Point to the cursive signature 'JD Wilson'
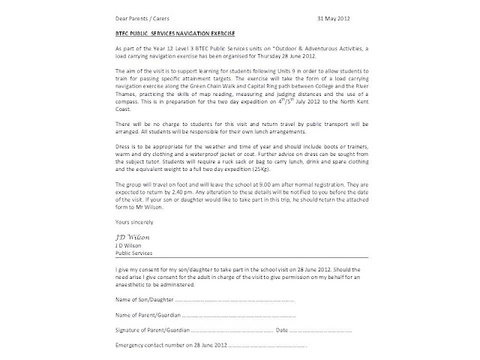(x=112, y=234)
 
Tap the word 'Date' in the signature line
(x=282, y=329)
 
